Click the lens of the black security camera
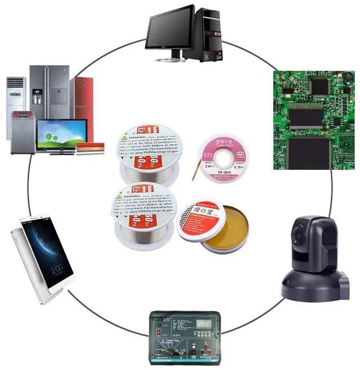point(299,231)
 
